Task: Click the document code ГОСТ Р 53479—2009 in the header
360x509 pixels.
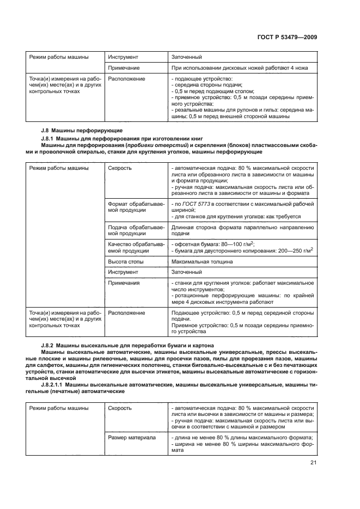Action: pos(287,37)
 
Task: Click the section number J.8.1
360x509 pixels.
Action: pos(50,140)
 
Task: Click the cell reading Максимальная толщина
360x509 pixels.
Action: pos(202,261)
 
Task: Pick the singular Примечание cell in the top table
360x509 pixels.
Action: pos(124,68)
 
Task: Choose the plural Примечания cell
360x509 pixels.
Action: pos(125,283)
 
